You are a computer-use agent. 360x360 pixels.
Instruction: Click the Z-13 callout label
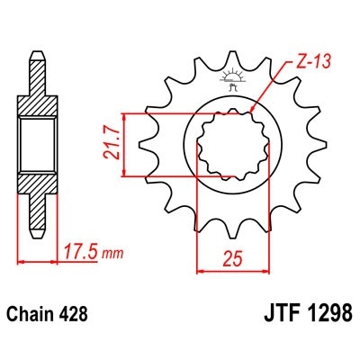coord(309,63)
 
